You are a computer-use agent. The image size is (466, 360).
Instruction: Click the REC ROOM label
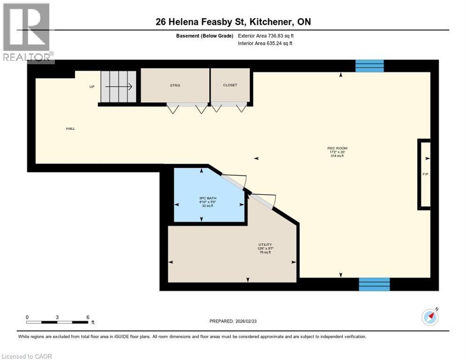337,148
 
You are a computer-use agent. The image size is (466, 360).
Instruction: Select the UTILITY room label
265,245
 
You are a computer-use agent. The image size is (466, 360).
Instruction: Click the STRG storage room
175,85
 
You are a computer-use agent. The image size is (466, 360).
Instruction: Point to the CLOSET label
230,85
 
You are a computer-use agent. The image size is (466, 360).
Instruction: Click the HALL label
70,128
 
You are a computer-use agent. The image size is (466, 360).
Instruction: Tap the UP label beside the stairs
92,87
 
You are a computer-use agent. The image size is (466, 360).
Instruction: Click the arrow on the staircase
120,87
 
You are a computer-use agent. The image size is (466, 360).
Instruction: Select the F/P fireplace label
425,174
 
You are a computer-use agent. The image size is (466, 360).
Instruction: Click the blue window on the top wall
369,66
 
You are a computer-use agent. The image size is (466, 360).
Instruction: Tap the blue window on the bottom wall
374,284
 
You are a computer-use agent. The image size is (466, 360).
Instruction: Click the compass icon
430,317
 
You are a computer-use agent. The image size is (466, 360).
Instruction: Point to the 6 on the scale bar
88,317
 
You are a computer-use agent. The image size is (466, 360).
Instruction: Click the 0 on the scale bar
27,317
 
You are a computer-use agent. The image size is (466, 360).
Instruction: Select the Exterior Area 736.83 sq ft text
268,36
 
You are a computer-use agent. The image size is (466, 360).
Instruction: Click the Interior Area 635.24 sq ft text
265,44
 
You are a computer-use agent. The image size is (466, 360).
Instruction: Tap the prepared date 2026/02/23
234,321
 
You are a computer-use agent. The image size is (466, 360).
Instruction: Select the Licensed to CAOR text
27,356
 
